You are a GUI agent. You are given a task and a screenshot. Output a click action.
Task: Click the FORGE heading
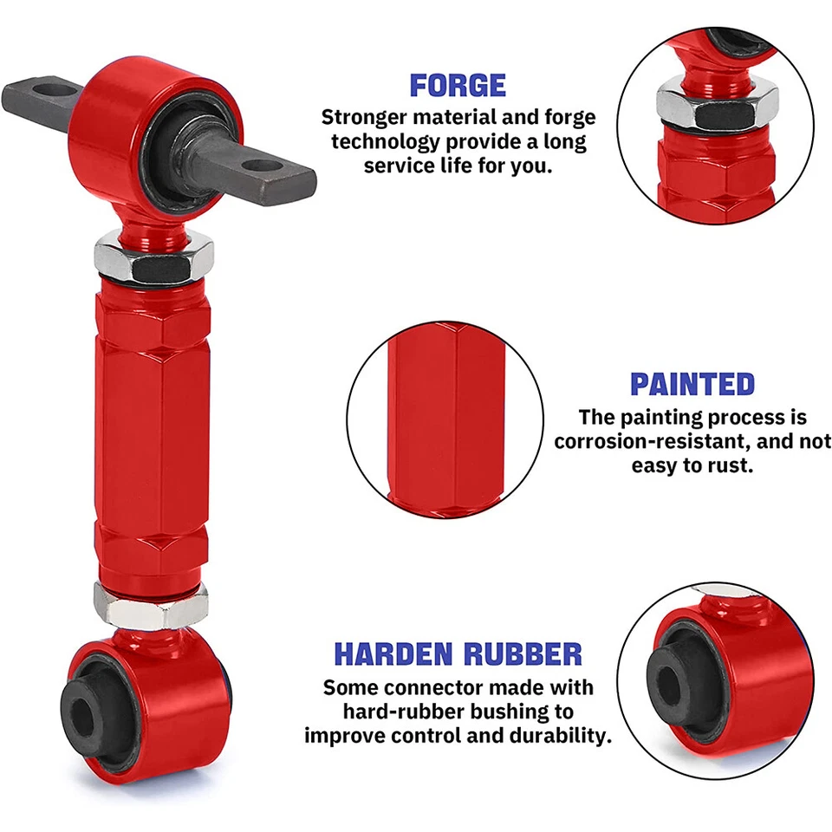point(457,85)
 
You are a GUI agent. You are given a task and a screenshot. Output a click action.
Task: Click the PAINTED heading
point(692,384)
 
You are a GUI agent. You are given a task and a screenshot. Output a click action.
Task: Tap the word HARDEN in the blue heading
point(392,653)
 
